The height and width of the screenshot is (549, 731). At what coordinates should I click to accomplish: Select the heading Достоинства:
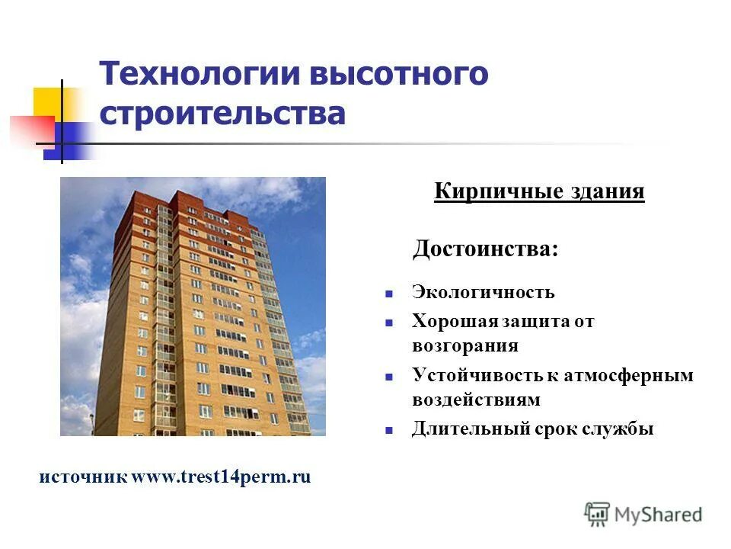pyautogui.click(x=485, y=249)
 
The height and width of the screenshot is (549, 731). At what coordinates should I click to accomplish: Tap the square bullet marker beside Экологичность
pyautogui.click(x=388, y=293)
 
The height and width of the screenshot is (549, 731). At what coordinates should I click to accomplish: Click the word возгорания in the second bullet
pyautogui.click(x=465, y=345)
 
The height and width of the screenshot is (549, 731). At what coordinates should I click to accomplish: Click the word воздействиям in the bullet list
pyautogui.click(x=476, y=400)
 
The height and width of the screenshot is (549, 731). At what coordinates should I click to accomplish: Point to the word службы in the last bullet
pyautogui.click(x=621, y=429)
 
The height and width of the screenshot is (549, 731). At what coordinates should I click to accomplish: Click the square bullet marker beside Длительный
pyautogui.click(x=388, y=430)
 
